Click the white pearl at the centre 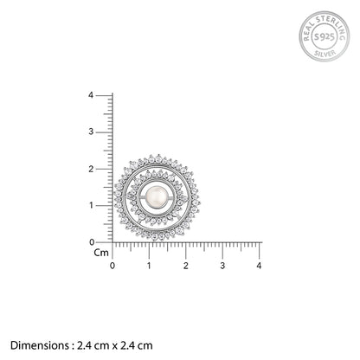[157, 197]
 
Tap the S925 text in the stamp [325, 36]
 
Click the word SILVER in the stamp [325, 54]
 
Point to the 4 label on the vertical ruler [91, 95]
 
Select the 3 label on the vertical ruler [91, 132]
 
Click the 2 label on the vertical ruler [91, 169]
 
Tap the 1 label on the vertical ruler [92, 205]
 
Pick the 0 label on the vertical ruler [92, 242]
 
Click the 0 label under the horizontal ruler [112, 266]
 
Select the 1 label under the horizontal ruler [149, 266]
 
